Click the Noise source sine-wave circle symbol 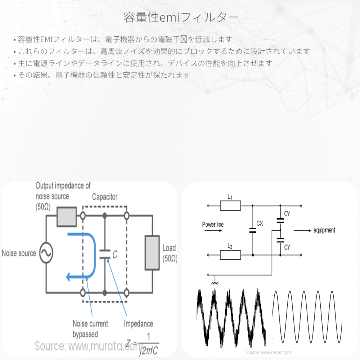click(46, 253)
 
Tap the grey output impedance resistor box click(67, 216)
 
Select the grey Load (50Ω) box click(152, 253)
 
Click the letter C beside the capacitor click(115, 255)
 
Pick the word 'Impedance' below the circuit click(138, 324)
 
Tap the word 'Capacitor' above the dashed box click(104, 197)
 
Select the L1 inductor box click(230, 206)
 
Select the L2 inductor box click(230, 255)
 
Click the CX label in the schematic click(260, 223)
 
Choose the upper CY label click(287, 214)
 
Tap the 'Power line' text click(213, 225)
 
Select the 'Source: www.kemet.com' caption click(269, 352)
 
